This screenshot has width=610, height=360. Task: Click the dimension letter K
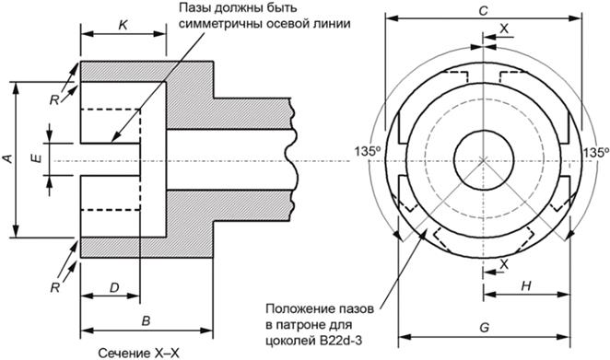coord(123,26)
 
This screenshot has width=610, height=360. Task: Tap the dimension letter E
coord(36,158)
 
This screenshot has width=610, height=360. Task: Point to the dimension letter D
coord(114,287)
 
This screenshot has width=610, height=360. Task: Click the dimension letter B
coord(146,321)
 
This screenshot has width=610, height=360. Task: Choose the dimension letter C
coord(483,11)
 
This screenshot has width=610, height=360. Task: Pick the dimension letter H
coord(526,286)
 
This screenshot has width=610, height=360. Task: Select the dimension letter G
coord(484,328)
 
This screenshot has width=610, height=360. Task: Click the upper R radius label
coord(54,100)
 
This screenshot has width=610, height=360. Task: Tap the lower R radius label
coord(55,287)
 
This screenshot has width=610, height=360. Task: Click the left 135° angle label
coord(368,151)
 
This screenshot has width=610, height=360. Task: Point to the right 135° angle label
coord(596,153)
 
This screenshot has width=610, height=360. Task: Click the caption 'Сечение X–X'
coord(138,354)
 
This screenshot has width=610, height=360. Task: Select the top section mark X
coord(504,29)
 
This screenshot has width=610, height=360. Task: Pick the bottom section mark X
coord(504,264)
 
